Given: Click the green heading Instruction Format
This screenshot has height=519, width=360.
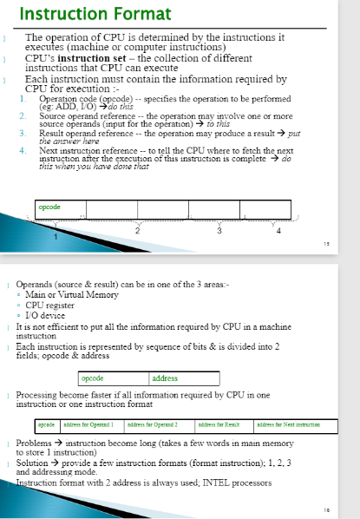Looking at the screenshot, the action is pyautogui.click(x=82, y=14).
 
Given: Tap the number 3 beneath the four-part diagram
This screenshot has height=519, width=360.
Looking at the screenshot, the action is pyautogui.click(x=219, y=230).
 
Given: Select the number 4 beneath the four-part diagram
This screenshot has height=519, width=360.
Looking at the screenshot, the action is pyautogui.click(x=278, y=230).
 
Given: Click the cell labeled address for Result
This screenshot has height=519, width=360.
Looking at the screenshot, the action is pyautogui.click(x=219, y=424).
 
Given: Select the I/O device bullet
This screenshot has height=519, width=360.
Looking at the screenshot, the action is pyautogui.click(x=48, y=316).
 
